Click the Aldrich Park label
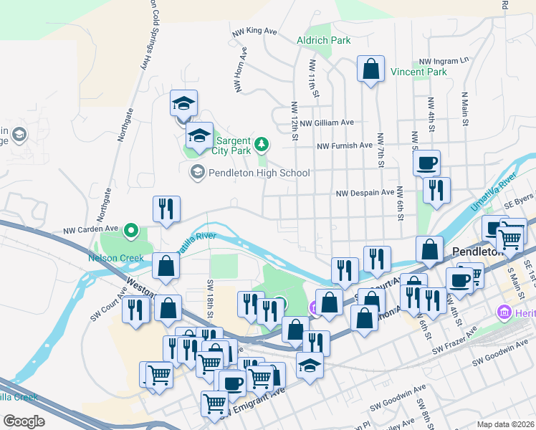click(324, 40)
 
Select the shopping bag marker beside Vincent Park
click(371, 70)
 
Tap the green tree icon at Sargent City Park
click(262, 143)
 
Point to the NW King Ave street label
click(254, 32)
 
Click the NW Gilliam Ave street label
click(327, 123)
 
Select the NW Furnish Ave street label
click(345, 145)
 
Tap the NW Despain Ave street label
click(365, 192)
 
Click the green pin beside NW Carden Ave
click(130, 231)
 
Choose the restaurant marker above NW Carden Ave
click(166, 209)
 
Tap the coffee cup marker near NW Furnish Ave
click(427, 163)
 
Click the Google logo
click(24, 421)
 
